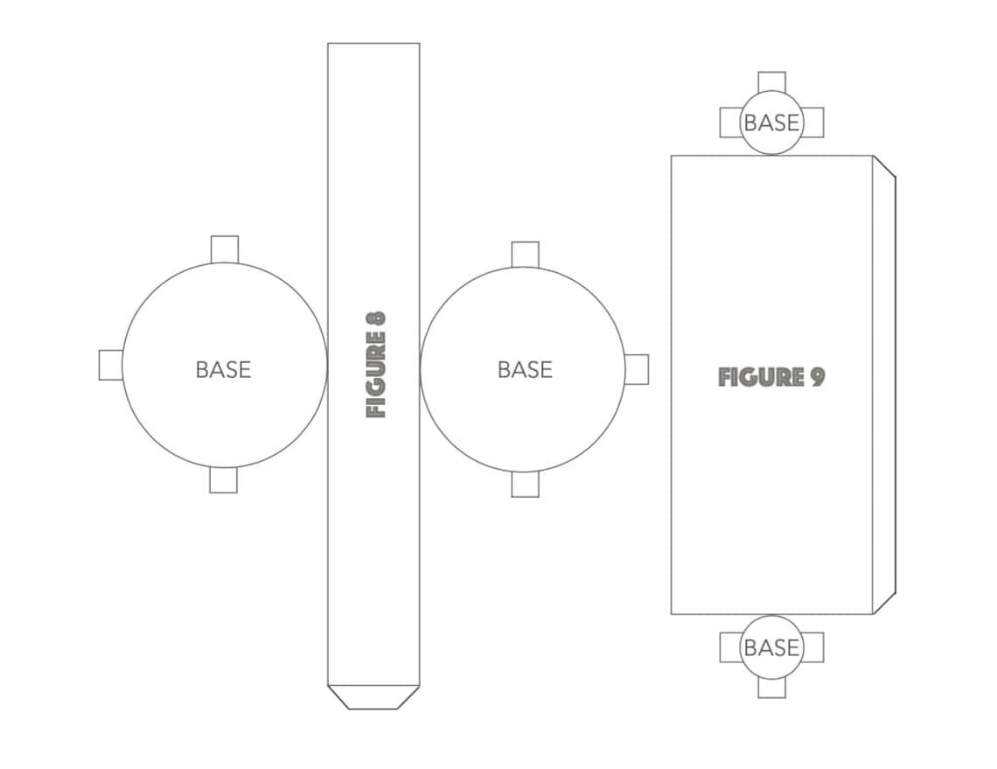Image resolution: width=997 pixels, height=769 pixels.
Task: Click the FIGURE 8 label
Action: pyautogui.click(x=376, y=365)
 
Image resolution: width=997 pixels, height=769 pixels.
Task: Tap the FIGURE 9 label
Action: pyautogui.click(x=771, y=377)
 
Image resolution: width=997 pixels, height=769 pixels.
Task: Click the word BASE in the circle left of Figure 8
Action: pyautogui.click(x=223, y=369)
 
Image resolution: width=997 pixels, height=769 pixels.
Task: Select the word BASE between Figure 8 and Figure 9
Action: pyautogui.click(x=526, y=369)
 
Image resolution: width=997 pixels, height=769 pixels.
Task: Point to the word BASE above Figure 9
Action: pyautogui.click(x=771, y=122)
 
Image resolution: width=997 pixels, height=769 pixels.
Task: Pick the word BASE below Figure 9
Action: pyautogui.click(x=771, y=647)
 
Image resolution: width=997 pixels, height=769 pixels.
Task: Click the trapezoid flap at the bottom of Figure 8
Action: pyautogui.click(x=373, y=697)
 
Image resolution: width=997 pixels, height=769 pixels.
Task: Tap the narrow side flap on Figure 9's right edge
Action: pyautogui.click(x=884, y=385)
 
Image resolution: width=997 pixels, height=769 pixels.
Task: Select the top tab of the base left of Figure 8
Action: pyautogui.click(x=225, y=249)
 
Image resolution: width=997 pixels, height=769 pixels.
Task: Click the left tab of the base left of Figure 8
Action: pyautogui.click(x=111, y=365)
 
